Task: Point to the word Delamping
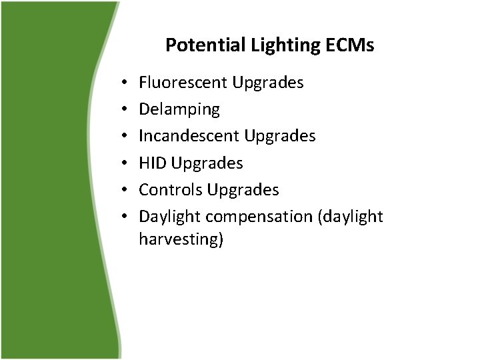[179, 109]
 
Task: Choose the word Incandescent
[189, 136]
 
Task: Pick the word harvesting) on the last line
[181, 239]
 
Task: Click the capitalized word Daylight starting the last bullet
[169, 217]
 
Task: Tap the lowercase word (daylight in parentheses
[352, 217]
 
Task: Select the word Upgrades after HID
[207, 163]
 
